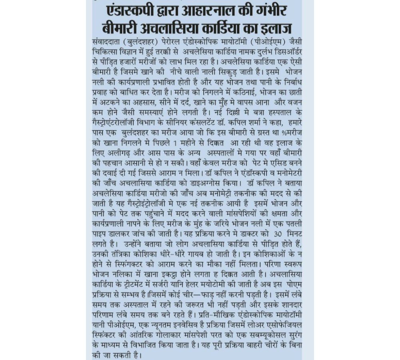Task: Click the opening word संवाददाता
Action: (106, 42)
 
